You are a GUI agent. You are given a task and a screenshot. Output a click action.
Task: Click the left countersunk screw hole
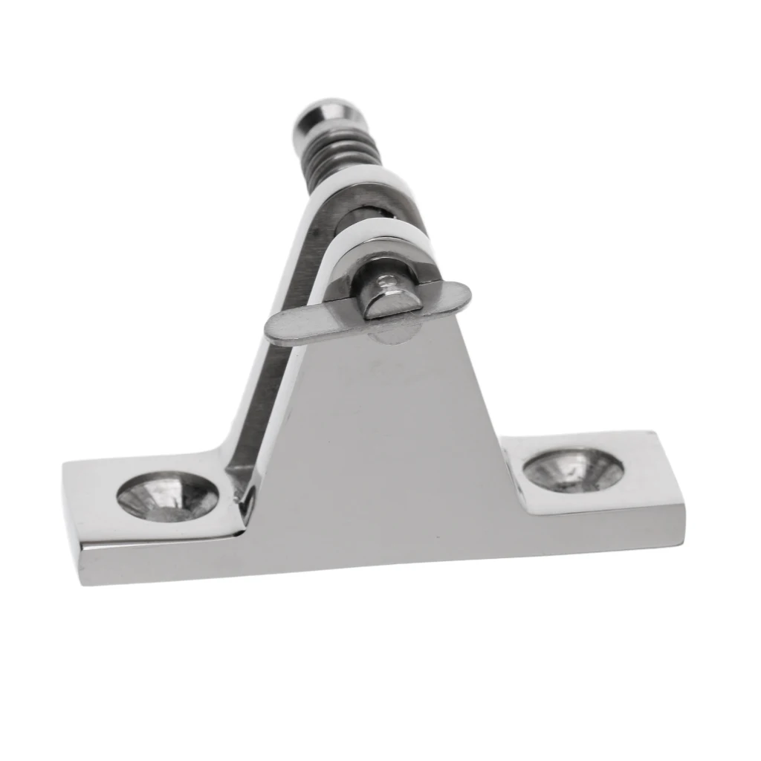tap(168, 497)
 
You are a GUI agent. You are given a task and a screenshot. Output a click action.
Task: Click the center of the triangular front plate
tap(386, 446)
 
